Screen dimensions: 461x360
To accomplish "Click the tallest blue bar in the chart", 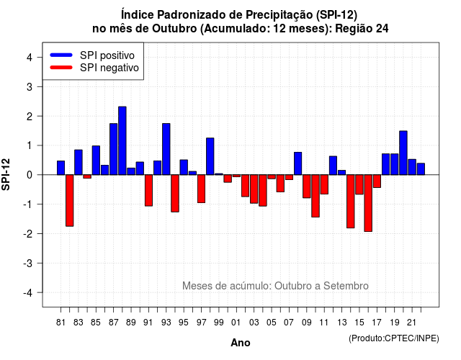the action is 122,141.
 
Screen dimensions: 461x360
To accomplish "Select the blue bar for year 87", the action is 114,149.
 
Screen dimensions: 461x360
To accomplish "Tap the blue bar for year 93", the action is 166,149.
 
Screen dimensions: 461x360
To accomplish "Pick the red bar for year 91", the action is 148,190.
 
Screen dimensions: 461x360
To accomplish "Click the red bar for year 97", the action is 202,189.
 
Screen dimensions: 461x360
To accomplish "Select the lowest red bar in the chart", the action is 368,203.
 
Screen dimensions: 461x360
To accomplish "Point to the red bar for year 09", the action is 307,186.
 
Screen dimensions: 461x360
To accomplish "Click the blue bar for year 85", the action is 96,160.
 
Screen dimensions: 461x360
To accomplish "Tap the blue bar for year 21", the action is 412,167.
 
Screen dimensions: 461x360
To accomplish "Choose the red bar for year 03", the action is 254,189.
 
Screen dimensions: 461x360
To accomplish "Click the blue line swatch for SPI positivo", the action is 61,55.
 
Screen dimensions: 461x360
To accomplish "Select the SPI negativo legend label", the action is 109,68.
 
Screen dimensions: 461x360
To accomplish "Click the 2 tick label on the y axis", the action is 30,117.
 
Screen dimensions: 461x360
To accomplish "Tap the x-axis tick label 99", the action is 219,323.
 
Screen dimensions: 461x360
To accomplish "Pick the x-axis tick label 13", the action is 341,323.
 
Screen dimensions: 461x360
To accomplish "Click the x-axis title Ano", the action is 241,343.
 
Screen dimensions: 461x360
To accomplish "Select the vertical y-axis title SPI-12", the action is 6,174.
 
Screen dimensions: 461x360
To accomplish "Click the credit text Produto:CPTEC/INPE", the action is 394,338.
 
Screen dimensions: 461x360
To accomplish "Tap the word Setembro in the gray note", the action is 346,286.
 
